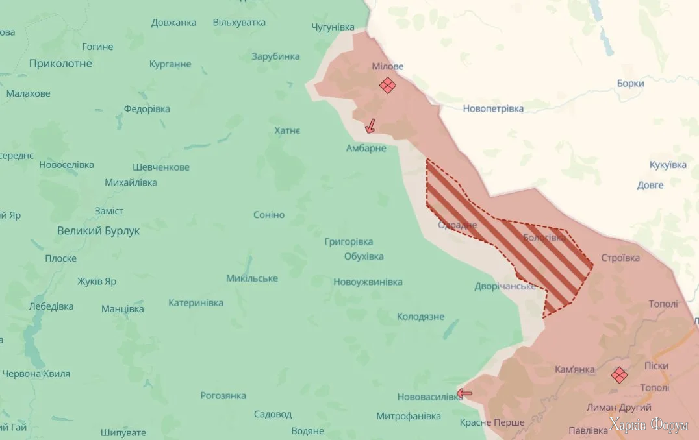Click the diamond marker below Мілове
pos(388,85)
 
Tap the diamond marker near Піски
pos(619,374)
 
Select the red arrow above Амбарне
pos(370,126)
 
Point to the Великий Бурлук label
pos(98,230)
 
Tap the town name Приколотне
pos(60,64)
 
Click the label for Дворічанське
pos(505,286)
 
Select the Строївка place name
pos(620,258)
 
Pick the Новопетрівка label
pos(493,108)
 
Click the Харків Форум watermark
pos(648,426)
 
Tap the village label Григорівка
pos(349,241)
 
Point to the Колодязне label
pos(420,317)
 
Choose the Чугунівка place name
pos(333,27)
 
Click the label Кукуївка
pos(668,165)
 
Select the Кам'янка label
pos(575,369)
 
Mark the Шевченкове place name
pos(161,167)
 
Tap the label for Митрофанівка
pos(409,415)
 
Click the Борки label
pos(630,83)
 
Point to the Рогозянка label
pos(223,395)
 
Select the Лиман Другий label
pos(618,407)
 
